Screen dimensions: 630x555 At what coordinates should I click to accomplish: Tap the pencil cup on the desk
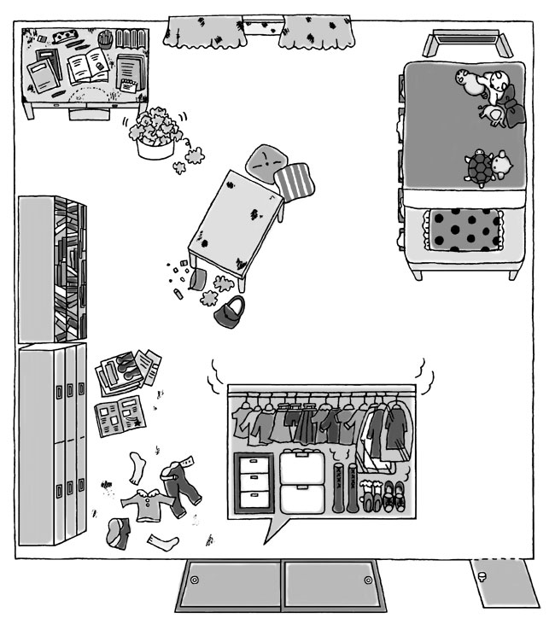click(x=105, y=39)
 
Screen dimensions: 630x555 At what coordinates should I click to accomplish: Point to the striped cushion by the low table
click(x=295, y=180)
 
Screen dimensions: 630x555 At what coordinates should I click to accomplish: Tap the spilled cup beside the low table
click(x=199, y=277)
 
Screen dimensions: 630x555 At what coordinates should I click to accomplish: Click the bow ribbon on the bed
click(x=494, y=113)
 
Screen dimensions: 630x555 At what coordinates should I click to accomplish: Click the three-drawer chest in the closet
click(x=254, y=481)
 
